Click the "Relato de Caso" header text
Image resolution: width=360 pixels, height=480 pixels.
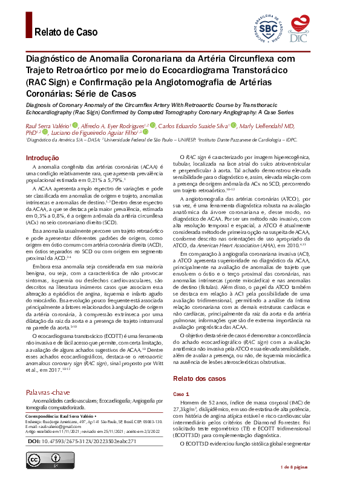point(66,32)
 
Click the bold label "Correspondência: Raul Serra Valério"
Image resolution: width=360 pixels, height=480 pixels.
point(59,417)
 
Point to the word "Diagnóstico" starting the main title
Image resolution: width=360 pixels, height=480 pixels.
point(54,59)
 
